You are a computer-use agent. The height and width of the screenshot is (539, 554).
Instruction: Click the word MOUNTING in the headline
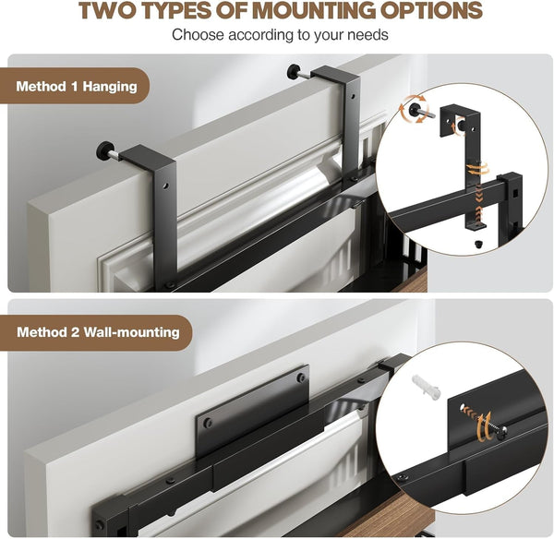[314, 10]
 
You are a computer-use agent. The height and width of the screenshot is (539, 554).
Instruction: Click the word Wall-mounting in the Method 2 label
[132, 332]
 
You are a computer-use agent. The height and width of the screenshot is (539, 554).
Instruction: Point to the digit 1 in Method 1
[74, 86]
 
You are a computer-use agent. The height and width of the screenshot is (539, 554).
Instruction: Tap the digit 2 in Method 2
[75, 332]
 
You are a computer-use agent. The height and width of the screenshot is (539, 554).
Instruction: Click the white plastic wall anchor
[426, 388]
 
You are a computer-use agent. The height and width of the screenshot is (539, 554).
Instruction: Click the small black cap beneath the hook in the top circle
[477, 244]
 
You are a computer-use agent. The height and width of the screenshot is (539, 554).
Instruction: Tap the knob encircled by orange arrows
[415, 110]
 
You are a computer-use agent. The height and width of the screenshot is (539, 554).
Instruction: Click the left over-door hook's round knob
[104, 150]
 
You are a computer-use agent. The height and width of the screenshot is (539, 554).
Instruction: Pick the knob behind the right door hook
[294, 71]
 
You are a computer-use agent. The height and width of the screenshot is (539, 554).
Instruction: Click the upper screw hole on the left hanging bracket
[165, 186]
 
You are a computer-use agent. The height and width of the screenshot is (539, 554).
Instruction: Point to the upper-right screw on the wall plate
[301, 377]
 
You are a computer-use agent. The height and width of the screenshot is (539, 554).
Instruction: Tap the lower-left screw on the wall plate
[208, 423]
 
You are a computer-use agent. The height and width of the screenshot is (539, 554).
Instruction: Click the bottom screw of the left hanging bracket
[170, 284]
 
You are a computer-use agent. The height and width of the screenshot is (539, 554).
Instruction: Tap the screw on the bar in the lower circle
[402, 477]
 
